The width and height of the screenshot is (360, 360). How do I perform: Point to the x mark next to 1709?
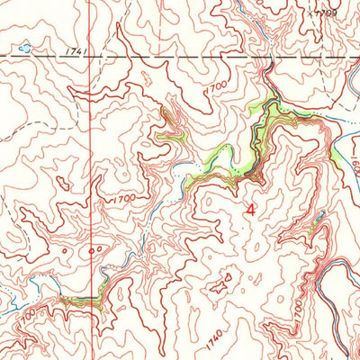tap(307, 14)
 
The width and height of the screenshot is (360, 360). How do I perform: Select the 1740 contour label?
tap(212, 338)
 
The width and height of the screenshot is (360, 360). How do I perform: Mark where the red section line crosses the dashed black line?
tap(90, 57)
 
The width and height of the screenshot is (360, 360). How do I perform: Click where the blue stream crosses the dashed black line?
tap(269, 57)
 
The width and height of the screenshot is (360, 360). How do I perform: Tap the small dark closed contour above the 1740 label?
tap(219, 289)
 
